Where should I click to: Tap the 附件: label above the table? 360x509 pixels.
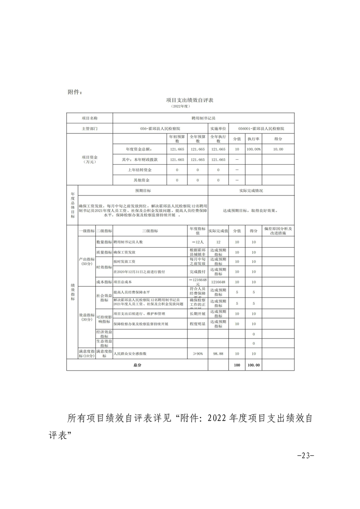pos(74,92)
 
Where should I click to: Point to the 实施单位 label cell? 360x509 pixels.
pos(218,129)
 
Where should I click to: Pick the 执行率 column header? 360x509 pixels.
pos(253,139)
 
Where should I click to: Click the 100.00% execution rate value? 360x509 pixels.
pos(253,149)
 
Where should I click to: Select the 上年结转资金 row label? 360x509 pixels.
pos(139,170)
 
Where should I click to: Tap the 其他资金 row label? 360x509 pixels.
pos(139,180)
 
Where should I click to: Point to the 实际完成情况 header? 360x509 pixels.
pos(251,191)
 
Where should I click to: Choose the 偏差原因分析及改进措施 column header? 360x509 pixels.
pos(277,230)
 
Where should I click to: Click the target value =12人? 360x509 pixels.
pos(197,242)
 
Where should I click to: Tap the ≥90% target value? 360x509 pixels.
pos(197,353)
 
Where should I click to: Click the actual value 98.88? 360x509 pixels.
pos(218,353)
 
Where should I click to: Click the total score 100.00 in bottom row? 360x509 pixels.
pos(253,365)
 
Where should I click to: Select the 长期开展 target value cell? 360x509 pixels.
pos(197,313)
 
